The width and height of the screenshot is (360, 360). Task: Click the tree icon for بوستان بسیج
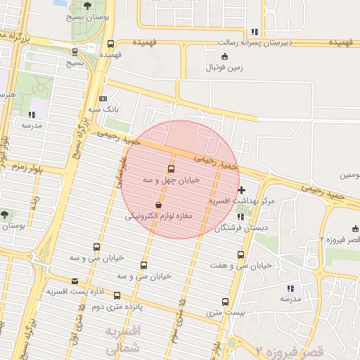click(x=87, y=7)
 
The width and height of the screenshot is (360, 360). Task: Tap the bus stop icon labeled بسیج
click(x=75, y=51)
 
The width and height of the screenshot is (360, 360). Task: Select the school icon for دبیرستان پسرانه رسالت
click(x=254, y=32)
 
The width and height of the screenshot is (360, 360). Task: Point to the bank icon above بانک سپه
click(x=103, y=99)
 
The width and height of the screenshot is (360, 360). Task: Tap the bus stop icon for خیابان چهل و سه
click(x=172, y=169)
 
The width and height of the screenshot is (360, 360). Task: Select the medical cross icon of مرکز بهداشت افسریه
click(x=243, y=189)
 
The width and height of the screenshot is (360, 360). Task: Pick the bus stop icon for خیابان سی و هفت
click(x=241, y=255)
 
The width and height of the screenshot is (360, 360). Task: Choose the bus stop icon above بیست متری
click(x=225, y=300)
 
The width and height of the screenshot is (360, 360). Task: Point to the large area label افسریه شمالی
click(x=123, y=339)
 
